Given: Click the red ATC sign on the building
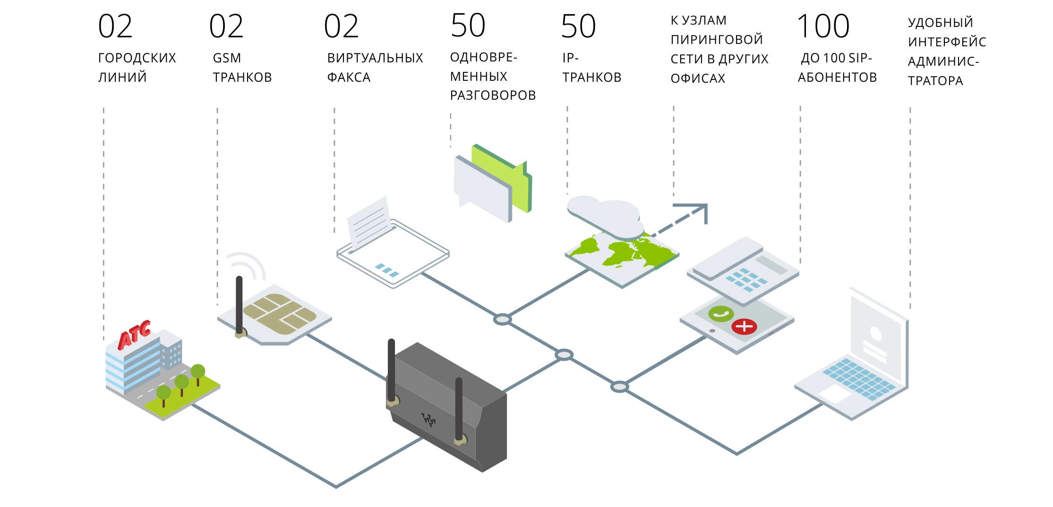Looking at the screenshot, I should [x=135, y=335].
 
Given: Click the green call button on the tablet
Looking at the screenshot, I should [x=720, y=314].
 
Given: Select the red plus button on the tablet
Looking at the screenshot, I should [x=744, y=326].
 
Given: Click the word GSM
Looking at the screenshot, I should [x=227, y=58].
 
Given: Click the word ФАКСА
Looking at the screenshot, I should [x=349, y=77].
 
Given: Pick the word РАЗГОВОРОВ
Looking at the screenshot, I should [x=493, y=95].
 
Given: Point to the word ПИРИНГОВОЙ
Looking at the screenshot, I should [x=717, y=40].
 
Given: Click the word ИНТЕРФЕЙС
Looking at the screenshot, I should [x=947, y=42].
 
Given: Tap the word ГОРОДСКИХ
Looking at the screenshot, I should [x=137, y=58].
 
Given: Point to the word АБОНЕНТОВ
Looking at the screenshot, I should [x=837, y=77].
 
